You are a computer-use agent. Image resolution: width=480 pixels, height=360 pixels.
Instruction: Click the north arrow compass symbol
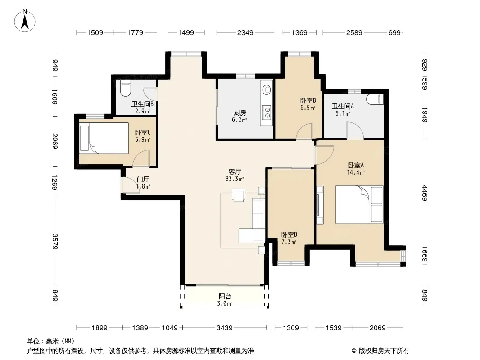point(25,21)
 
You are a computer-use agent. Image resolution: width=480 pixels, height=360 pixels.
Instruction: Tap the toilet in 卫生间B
point(126,88)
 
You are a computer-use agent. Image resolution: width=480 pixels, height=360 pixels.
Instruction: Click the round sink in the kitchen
point(266,89)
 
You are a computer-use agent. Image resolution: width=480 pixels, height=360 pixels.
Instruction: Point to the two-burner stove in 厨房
point(267,112)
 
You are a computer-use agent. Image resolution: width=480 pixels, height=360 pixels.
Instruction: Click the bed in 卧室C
point(104,138)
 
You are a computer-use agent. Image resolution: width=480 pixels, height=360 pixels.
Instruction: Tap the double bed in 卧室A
point(359,204)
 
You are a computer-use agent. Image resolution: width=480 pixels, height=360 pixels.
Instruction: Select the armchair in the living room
point(239,195)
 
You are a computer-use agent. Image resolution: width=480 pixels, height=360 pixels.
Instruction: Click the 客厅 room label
point(235,171)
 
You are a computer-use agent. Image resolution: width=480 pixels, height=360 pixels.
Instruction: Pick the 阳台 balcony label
point(225,296)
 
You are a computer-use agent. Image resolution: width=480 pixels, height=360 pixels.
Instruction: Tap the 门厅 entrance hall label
point(143,180)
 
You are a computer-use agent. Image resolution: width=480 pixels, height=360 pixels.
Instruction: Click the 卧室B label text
point(289,234)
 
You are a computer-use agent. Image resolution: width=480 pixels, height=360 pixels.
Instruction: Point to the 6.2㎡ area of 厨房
point(240,120)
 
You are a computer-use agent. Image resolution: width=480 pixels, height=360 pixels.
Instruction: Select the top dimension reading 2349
point(245,32)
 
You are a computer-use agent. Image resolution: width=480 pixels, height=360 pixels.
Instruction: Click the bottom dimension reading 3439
point(225,328)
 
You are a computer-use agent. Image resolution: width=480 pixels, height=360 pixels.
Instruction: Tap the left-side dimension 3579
point(55,241)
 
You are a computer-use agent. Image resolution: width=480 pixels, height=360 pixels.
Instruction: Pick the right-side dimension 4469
point(425,193)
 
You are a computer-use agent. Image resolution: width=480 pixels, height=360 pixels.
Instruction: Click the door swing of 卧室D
point(304,131)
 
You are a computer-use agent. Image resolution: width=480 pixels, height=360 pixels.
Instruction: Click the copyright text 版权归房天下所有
point(384,351)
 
